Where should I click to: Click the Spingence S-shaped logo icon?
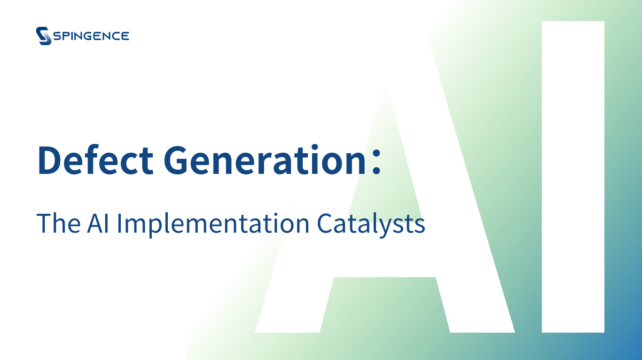coord(44,36)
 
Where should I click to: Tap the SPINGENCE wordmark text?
coord(92,36)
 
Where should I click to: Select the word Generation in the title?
coord(265,159)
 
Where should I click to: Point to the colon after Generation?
coord(376,161)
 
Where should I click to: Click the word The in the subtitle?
coord(58,223)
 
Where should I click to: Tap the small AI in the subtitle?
coord(98,223)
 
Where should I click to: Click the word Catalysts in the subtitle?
coord(371,225)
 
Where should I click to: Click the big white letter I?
coord(573,177)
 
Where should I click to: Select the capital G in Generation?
coord(175,160)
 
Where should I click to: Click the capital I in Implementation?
coord(119,223)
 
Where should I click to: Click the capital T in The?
coord(43,223)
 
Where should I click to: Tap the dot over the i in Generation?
coord(315,147)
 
